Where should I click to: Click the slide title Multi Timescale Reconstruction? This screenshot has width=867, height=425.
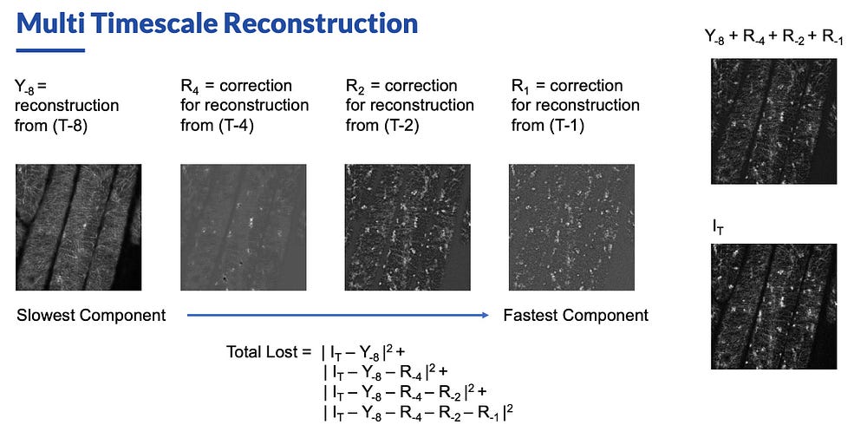tap(217, 23)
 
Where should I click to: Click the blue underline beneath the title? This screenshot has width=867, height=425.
tap(50, 50)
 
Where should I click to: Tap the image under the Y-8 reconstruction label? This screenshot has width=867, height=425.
tap(79, 227)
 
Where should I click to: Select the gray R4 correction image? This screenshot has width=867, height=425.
tap(244, 227)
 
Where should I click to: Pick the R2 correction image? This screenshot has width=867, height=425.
tap(407, 227)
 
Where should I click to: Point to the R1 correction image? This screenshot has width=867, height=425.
tap(571, 227)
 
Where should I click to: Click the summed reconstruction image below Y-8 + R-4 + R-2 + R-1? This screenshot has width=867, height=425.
tap(773, 121)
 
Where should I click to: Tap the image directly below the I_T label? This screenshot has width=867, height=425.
tap(773, 306)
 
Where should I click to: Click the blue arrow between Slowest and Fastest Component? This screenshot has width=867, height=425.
tap(338, 316)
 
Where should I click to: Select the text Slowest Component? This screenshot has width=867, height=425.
tap(91, 316)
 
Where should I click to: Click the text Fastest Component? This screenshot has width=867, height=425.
tap(576, 316)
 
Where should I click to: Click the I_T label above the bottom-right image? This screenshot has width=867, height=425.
tap(717, 227)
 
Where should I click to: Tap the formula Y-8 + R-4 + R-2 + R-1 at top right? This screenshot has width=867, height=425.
tap(773, 38)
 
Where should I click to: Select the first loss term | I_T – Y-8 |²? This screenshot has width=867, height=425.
tap(364, 352)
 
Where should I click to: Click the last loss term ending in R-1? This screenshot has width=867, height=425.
tap(419, 412)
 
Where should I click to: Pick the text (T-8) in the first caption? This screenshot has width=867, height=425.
tap(69, 125)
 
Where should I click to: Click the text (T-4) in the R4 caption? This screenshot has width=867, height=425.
tap(235, 125)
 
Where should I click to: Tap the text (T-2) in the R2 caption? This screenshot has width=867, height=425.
tap(401, 125)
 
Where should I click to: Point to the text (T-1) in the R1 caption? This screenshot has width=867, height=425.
tap(565, 125)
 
